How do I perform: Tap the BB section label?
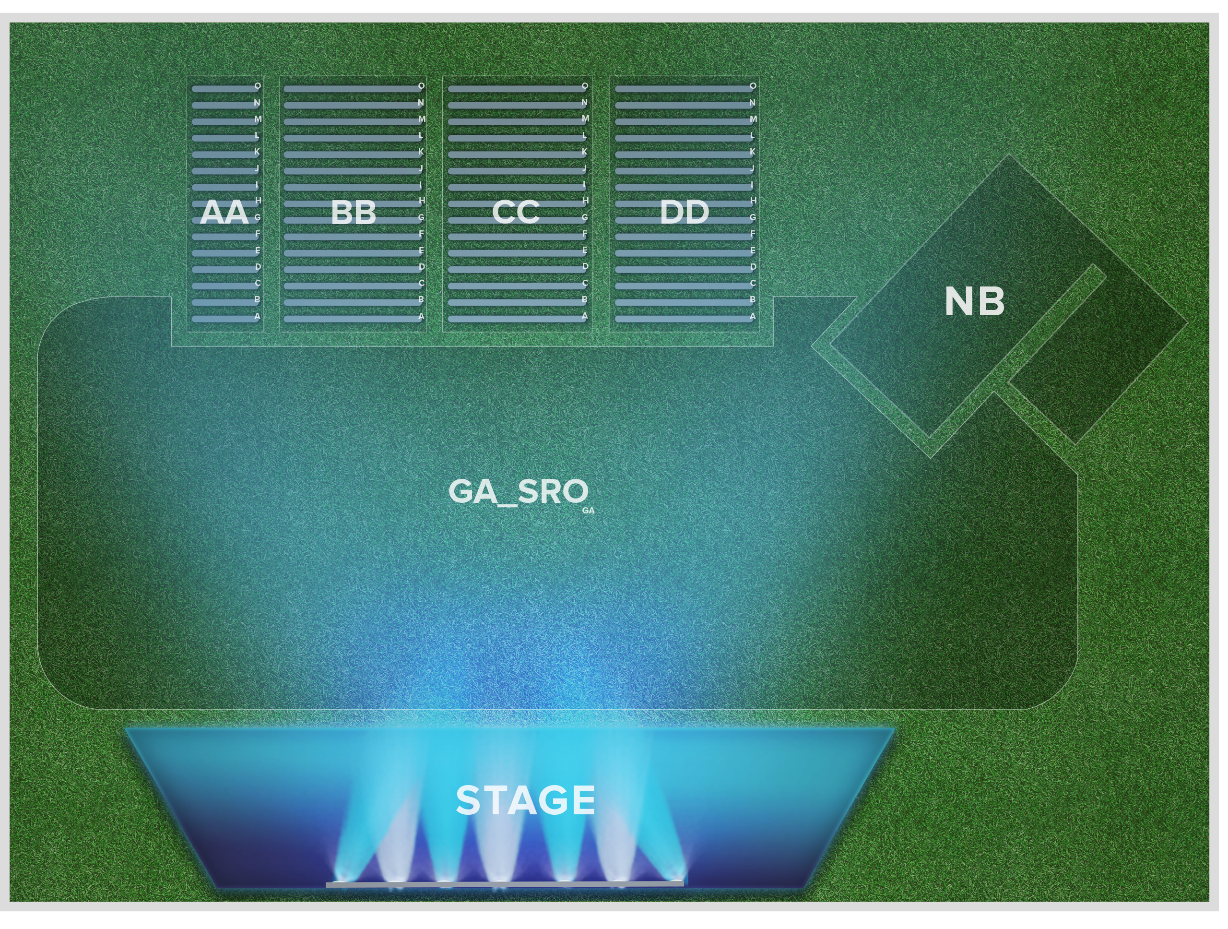tap(353, 212)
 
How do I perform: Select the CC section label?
tap(516, 212)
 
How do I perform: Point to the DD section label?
tap(684, 212)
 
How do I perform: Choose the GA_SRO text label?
tap(518, 492)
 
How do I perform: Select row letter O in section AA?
tap(258, 86)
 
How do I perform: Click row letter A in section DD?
tap(753, 316)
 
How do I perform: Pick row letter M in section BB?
tap(422, 119)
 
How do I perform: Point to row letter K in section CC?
tap(585, 152)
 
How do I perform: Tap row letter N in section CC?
tap(585, 103)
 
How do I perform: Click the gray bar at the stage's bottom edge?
tap(504, 883)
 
